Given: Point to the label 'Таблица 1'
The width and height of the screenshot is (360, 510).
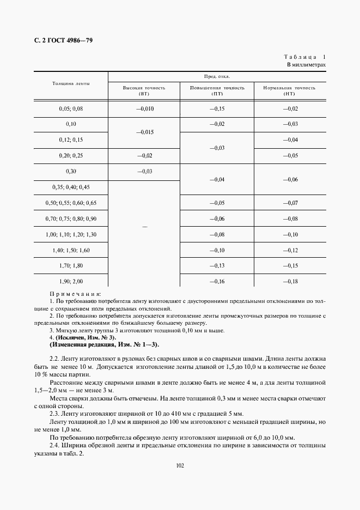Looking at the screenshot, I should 304,57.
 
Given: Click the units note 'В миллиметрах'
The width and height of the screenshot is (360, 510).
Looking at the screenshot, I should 307,65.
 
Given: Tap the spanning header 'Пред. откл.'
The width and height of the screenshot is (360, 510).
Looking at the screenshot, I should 217,77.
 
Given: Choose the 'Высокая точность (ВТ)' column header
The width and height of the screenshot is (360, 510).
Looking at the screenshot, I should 144,90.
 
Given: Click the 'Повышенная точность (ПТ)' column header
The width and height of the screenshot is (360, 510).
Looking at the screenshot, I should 217,90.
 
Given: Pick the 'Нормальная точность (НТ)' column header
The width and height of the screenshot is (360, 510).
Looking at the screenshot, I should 289,90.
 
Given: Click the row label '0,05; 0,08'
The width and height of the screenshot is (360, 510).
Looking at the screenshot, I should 71,108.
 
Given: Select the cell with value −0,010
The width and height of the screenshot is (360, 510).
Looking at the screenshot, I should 144,108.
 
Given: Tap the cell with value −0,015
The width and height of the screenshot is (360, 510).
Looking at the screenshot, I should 144,132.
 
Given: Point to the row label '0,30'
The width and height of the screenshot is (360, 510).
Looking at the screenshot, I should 71,171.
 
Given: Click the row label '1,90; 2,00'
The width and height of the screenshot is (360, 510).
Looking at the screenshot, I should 71,281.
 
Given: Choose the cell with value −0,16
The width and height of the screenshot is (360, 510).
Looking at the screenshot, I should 217,281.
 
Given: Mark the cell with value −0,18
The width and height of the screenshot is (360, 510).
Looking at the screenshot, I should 290,281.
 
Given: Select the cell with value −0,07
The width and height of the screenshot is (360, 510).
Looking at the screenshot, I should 290,203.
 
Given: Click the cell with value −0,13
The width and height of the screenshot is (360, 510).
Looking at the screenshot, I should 217,265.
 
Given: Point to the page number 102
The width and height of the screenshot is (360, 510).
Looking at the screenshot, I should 180,465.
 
